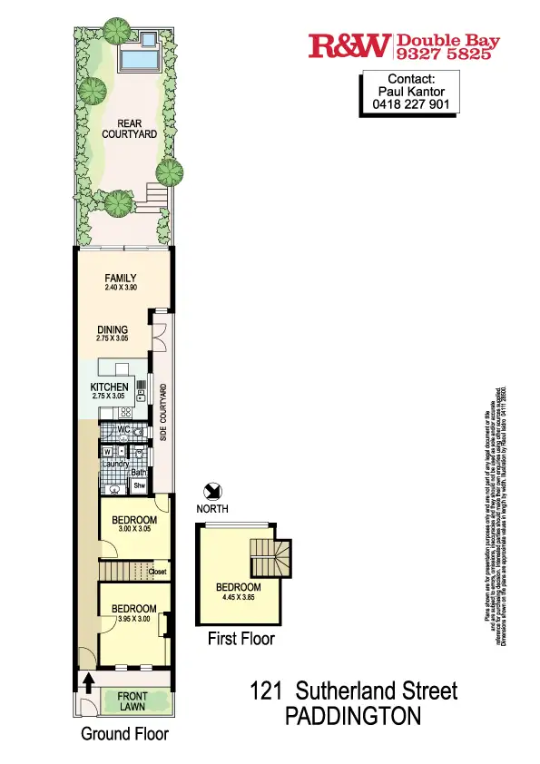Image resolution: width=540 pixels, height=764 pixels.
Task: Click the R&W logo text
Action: tap(349, 45)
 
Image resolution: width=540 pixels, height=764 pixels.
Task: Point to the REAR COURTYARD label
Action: tap(130, 129)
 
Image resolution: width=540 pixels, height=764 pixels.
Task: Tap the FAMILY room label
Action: tap(120, 279)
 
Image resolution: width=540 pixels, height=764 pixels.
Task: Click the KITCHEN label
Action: tap(110, 387)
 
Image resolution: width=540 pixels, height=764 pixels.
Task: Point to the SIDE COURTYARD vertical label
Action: tap(163, 414)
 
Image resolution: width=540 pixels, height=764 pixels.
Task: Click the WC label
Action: tap(124, 430)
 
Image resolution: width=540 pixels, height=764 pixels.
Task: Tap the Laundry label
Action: tap(114, 464)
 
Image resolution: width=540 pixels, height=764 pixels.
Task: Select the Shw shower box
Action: tap(139, 485)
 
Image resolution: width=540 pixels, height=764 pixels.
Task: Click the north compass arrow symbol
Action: tap(211, 492)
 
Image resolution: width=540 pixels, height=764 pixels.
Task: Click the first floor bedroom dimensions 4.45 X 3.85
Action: tap(238, 598)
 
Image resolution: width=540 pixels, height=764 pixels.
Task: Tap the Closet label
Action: tap(156, 573)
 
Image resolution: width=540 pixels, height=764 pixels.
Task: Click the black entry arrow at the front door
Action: tap(88, 681)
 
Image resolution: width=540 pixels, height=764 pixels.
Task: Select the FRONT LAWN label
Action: tap(133, 702)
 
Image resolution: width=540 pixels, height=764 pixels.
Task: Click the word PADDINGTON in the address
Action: tap(353, 717)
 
